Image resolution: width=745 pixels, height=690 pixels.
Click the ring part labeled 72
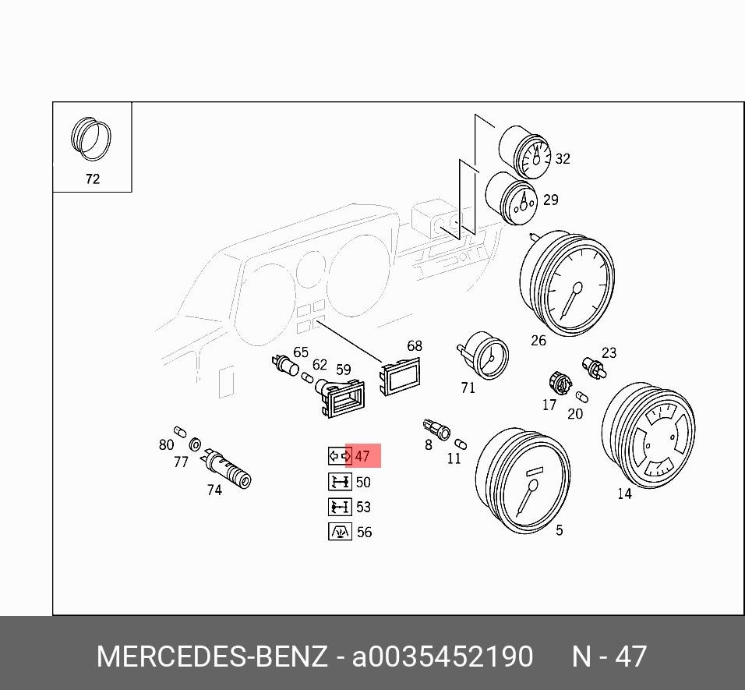pyautogui.click(x=91, y=138)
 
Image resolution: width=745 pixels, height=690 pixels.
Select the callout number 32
pyautogui.click(x=562, y=159)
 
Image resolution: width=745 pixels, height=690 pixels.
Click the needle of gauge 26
pyautogui.click(x=570, y=299)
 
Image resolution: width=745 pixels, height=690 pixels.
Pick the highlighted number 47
pyautogui.click(x=362, y=457)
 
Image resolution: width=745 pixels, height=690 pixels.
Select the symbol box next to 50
pyautogui.click(x=340, y=482)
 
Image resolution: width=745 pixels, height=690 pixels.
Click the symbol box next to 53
pyautogui.click(x=340, y=507)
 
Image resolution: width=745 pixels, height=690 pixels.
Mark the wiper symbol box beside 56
pyautogui.click(x=340, y=532)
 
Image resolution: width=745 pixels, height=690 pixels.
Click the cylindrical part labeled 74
pyautogui.click(x=228, y=470)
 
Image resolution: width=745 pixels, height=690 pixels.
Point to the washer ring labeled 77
pyautogui.click(x=195, y=445)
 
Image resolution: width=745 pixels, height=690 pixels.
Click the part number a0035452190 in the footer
pyautogui.click(x=443, y=656)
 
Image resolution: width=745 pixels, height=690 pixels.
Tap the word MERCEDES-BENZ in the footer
pyautogui.click(x=211, y=656)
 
